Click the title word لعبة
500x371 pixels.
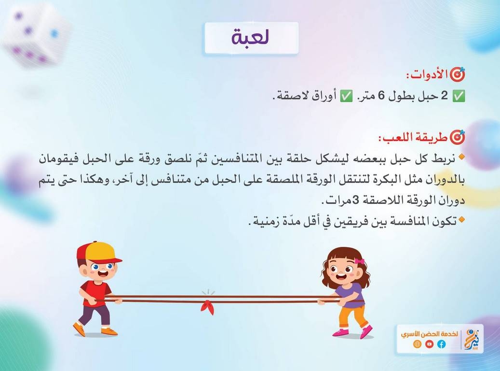250,37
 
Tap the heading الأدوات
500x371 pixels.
428,75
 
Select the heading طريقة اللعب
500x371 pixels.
414,138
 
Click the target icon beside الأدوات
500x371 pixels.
458,74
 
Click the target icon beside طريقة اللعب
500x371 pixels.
458,137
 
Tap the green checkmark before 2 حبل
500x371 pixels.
459,96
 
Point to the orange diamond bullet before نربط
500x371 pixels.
461,157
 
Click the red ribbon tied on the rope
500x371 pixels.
208,306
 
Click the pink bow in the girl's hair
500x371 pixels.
359,261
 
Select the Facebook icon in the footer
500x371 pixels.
441,344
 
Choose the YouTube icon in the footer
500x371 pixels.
429,344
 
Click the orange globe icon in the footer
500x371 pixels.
417,344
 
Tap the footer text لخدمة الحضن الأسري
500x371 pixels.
429,334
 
